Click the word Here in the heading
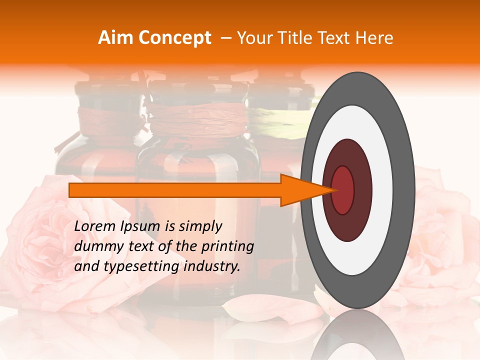click(x=375, y=38)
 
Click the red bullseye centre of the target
click(x=343, y=190)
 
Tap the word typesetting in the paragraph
click(x=149, y=267)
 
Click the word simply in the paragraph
click(x=200, y=227)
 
